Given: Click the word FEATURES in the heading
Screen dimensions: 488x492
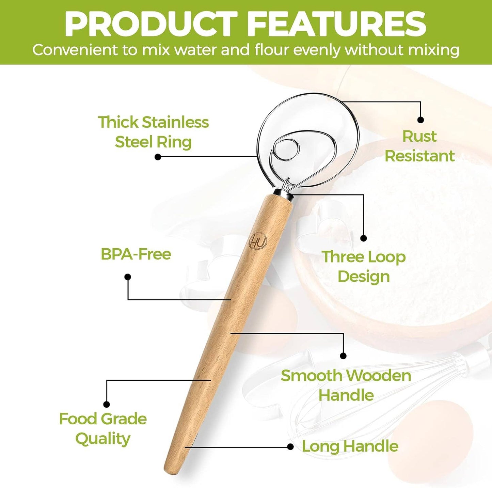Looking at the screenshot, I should [x=336, y=24].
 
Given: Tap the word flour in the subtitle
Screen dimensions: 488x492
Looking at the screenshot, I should [x=272, y=50].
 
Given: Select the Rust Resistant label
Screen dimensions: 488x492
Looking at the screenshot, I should [x=419, y=146].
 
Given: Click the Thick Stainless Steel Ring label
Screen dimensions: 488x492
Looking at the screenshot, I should [x=153, y=132].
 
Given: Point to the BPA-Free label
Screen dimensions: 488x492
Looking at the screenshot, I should [x=136, y=254].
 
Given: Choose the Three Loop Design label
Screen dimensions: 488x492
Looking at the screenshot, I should [x=364, y=266].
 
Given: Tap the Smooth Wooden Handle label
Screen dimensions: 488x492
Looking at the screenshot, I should [x=346, y=385].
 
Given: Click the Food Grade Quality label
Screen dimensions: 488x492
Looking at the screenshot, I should [x=103, y=428].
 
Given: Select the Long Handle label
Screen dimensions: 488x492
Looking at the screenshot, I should [x=350, y=446].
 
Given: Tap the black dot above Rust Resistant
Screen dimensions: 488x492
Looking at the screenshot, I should [x=420, y=120].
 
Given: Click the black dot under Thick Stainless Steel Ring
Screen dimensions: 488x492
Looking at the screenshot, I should [x=158, y=157].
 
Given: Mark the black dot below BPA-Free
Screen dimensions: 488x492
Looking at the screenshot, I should [x=128, y=277].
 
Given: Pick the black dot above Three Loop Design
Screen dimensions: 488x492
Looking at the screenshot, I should [x=363, y=238].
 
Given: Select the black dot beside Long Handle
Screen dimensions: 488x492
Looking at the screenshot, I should [x=290, y=446].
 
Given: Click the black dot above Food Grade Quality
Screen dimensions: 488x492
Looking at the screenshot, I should [x=107, y=404].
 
